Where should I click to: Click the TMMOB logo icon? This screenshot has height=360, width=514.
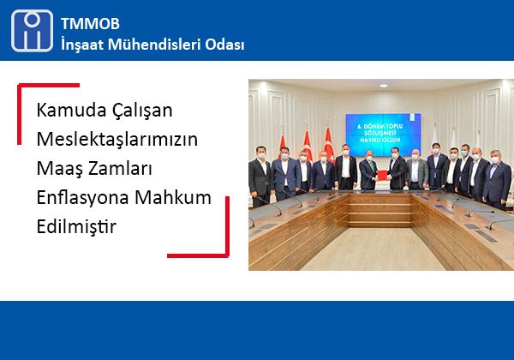32,31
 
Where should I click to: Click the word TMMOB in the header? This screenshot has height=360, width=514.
90,24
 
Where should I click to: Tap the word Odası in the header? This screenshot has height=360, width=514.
224,45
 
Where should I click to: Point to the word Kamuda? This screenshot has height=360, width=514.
71,110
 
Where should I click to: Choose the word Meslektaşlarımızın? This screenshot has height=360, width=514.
117,140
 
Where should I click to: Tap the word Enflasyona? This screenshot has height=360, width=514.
82,198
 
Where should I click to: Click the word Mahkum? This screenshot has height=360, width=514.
173,197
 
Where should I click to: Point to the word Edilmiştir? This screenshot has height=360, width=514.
76,226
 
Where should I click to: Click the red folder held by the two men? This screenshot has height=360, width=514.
381,176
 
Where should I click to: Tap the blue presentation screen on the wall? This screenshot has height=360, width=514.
384,135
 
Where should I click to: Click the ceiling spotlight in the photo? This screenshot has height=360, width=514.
384,86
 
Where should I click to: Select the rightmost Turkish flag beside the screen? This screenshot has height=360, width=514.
328,144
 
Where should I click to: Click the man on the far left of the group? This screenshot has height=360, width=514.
260,176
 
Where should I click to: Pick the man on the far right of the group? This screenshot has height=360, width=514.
497,179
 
